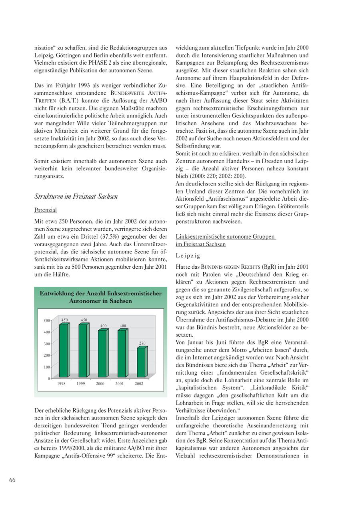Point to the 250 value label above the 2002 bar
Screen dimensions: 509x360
point(142,343)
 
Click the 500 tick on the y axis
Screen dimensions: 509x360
point(47,320)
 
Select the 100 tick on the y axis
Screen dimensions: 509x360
point(47,367)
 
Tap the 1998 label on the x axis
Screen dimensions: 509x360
point(61,383)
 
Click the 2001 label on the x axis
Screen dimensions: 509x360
point(120,383)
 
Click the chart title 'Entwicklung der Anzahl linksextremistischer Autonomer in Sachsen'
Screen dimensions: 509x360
point(100,297)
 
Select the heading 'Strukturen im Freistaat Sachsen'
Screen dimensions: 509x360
point(76,196)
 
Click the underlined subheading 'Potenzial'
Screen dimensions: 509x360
point(45,210)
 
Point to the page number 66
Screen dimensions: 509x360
point(12,480)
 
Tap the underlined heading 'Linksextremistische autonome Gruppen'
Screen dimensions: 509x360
point(225,237)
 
